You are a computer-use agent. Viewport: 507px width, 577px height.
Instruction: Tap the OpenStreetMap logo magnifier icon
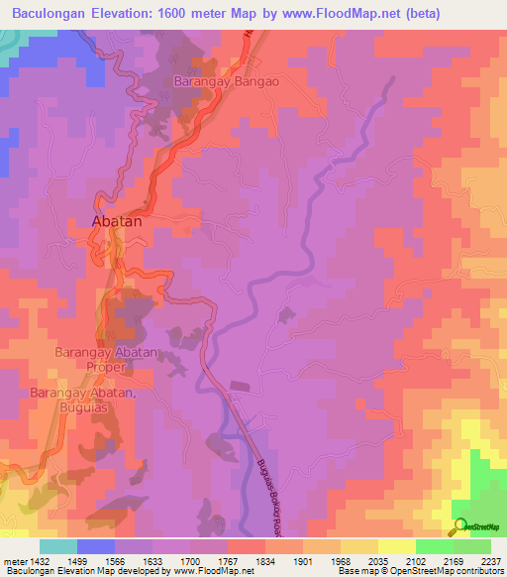[x=458, y=526]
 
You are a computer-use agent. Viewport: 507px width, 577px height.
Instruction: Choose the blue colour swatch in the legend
[x=96, y=545]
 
